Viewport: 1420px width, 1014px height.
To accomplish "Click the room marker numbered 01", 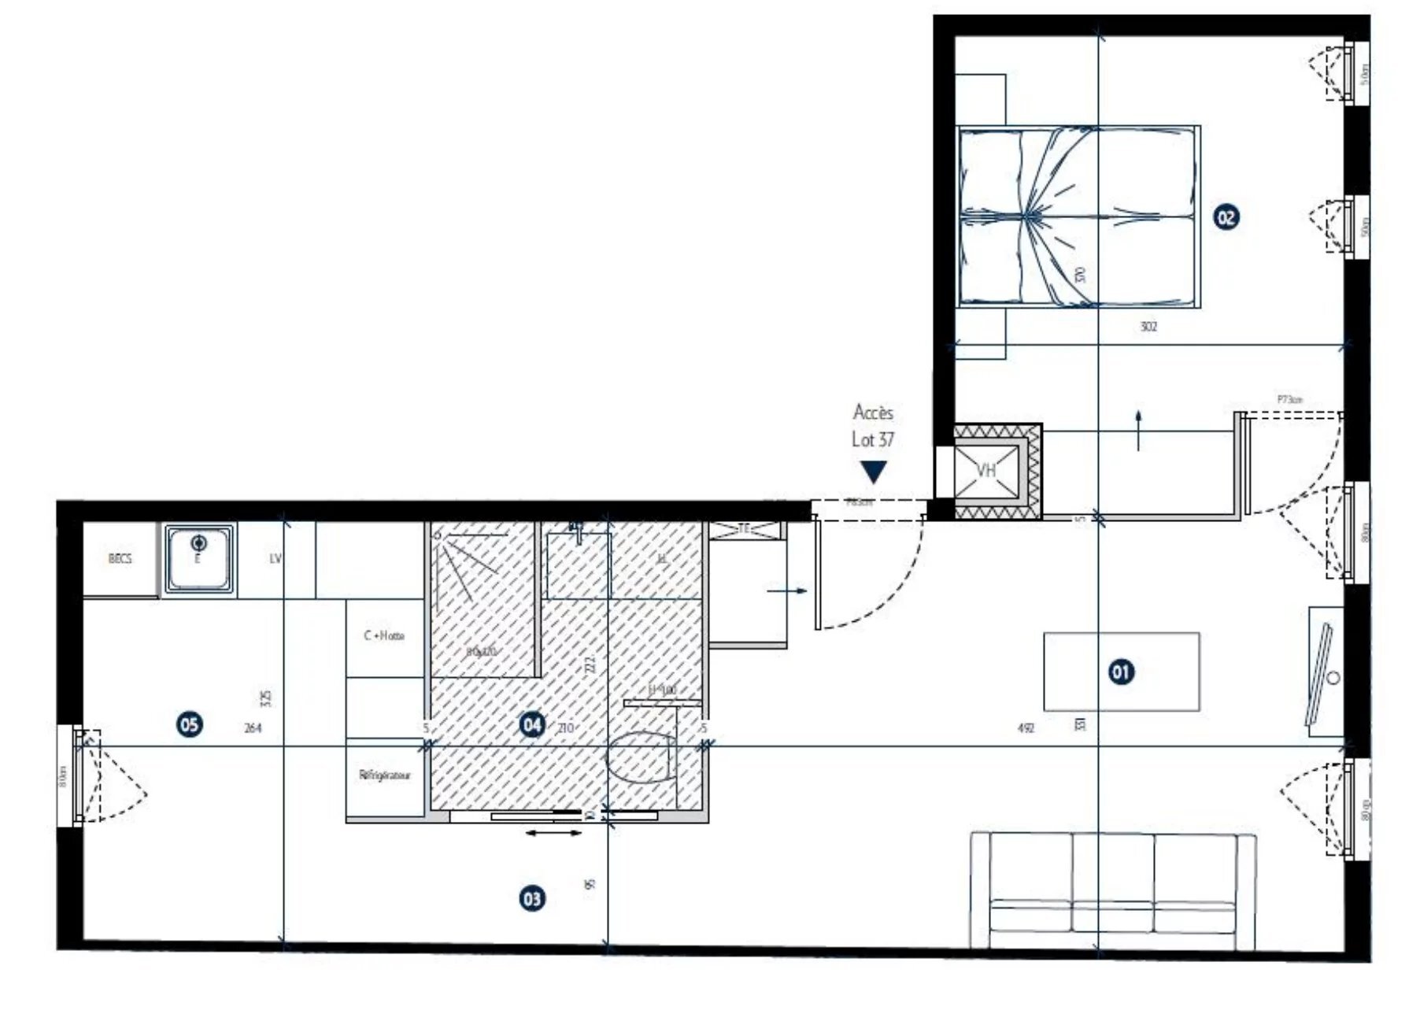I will [1121, 672].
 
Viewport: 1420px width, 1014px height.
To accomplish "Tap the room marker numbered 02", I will [1226, 216].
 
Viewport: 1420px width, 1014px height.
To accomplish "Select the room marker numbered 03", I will [532, 898].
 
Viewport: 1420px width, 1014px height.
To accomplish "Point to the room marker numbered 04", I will [532, 724].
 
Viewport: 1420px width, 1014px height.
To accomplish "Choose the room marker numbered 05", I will [190, 723].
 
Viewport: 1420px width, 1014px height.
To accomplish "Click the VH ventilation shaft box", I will [987, 471].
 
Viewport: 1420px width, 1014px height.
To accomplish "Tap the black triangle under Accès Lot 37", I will [873, 472].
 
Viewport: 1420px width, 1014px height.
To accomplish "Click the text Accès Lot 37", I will [873, 426].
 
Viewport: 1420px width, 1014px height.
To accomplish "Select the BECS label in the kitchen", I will [120, 559].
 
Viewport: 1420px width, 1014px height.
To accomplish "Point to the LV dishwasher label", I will [275, 559].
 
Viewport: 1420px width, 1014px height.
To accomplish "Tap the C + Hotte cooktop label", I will [384, 635].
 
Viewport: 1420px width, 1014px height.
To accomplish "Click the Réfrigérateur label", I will [385, 775].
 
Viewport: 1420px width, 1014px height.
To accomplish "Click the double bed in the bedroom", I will [1078, 216].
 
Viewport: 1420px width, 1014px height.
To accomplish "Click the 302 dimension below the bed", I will [1148, 327].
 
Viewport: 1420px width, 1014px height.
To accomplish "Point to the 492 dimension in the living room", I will [1025, 728].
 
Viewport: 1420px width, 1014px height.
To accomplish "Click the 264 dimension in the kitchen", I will [253, 728].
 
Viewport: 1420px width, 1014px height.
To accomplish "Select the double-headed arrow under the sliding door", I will [553, 833].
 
